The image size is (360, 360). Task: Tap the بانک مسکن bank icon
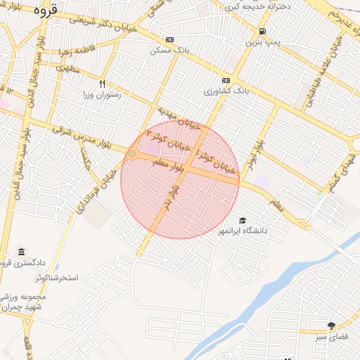tap(169, 40)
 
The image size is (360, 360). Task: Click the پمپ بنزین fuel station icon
tap(262, 31)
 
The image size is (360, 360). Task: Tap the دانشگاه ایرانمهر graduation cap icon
tap(243, 221)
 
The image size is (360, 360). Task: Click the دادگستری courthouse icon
tap(22, 252)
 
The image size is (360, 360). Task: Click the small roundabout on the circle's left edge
tap(131, 153)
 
